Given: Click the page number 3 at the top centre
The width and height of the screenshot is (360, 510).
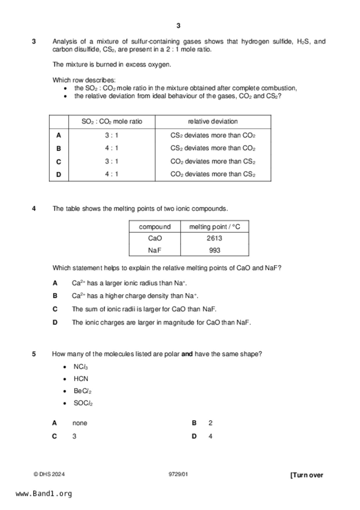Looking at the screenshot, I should pos(178,26).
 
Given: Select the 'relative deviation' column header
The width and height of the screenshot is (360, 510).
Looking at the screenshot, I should pos(213,122).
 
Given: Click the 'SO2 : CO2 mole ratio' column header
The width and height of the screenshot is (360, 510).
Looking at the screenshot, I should pos(112,122).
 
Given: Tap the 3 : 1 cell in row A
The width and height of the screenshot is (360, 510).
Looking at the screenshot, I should pos(112,135).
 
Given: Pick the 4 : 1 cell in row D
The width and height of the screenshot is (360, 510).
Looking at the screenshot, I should pos(112,174).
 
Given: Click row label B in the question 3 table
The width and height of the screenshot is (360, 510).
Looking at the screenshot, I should pos(59,149).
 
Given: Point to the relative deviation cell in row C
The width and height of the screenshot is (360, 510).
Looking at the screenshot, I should pos(213,161).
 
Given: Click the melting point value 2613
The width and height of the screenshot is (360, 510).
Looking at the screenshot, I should pos(214,238).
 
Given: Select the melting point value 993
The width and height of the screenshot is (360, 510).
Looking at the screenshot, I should pos(214,250).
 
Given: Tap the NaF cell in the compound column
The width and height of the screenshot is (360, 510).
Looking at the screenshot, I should pos(155,250).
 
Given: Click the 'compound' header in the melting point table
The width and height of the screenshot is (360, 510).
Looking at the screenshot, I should pos(155,227).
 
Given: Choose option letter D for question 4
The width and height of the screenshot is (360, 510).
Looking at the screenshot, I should pos(55,322).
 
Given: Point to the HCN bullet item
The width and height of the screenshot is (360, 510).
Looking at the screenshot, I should pos(81,379).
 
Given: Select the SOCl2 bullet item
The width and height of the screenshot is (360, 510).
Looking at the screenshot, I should pos(83,403).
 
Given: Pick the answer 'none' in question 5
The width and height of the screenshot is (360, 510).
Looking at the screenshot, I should pos(80,423).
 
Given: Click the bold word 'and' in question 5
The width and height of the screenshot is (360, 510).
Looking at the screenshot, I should pos(187,354).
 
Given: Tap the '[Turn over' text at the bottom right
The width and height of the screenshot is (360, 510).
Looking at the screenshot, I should pos(307,475).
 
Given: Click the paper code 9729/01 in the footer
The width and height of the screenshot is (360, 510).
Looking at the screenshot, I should pos(178,474).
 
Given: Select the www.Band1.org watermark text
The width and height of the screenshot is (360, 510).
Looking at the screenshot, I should pos(44,494).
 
